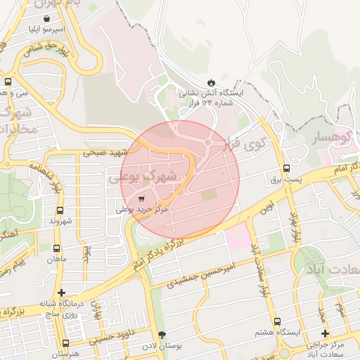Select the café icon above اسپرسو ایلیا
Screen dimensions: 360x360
(46, 18)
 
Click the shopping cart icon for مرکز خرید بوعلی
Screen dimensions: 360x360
(142, 198)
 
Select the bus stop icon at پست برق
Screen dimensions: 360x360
(285, 168)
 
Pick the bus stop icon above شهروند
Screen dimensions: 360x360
(60, 210)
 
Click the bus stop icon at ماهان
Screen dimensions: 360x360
(56, 248)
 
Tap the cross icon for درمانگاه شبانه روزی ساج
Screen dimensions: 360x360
(62, 292)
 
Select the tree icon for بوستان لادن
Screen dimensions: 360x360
(163, 335)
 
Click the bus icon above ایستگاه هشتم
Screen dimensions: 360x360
(277, 321)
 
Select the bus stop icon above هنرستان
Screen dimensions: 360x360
(65, 343)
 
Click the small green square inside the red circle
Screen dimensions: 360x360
(206, 195)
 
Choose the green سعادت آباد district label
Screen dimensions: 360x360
(337, 271)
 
